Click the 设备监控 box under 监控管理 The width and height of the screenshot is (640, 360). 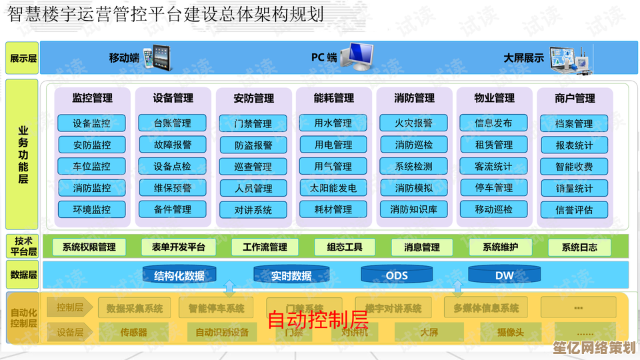click(92, 123)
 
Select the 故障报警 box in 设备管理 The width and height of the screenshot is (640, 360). click(172, 145)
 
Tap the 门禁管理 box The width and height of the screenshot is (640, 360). click(253, 123)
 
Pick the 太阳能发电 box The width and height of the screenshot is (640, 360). click(333, 188)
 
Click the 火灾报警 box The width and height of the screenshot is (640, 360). click(414, 123)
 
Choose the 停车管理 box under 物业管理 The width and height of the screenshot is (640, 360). click(494, 188)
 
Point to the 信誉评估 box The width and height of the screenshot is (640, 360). click(574, 209)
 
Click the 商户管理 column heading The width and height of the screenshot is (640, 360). click(574, 98)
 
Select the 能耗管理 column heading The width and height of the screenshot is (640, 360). click(333, 98)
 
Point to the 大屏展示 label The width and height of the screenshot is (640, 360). click(523, 58)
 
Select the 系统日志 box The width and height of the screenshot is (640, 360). click(579, 247)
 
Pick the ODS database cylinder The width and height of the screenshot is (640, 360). click(396, 275)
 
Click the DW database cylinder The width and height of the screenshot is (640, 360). click(504, 275)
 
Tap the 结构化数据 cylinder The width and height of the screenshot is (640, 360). click(179, 275)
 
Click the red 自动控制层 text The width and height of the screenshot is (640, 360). click(317, 320)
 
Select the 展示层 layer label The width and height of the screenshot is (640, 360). click(23, 58)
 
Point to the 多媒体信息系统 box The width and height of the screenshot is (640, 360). click(486, 308)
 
